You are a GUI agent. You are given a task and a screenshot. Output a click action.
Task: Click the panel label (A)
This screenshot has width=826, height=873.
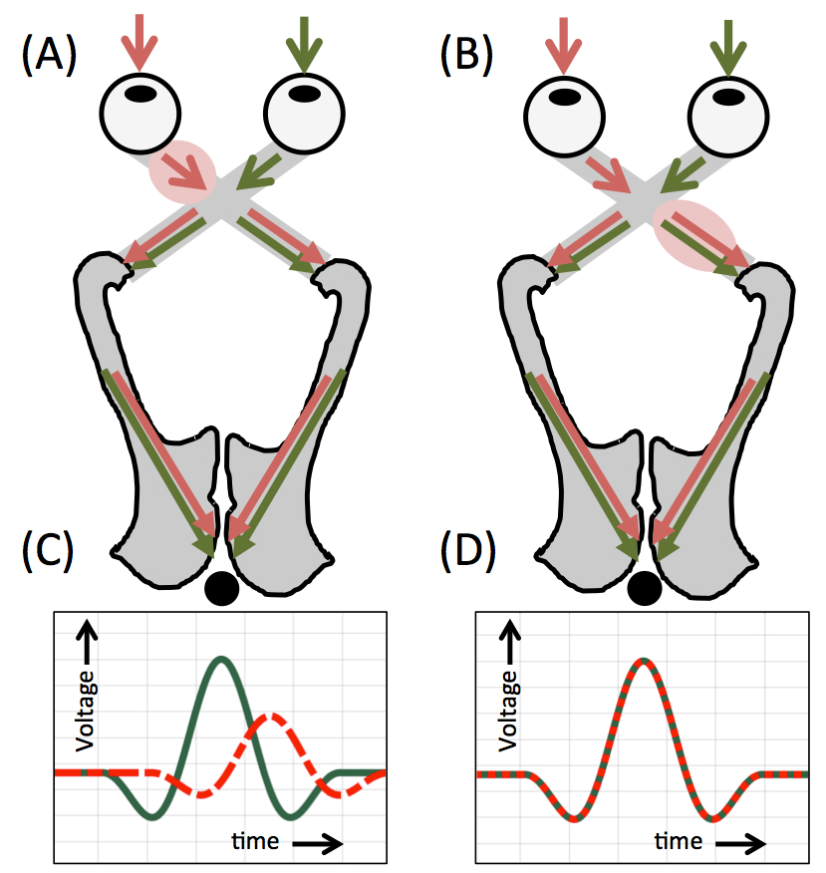49,57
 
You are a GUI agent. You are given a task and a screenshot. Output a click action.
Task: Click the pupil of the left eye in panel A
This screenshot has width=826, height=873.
144,96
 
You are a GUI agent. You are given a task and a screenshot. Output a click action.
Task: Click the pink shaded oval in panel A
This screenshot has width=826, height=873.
182,171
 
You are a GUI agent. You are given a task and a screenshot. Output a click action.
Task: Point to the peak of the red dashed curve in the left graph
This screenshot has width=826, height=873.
270,717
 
